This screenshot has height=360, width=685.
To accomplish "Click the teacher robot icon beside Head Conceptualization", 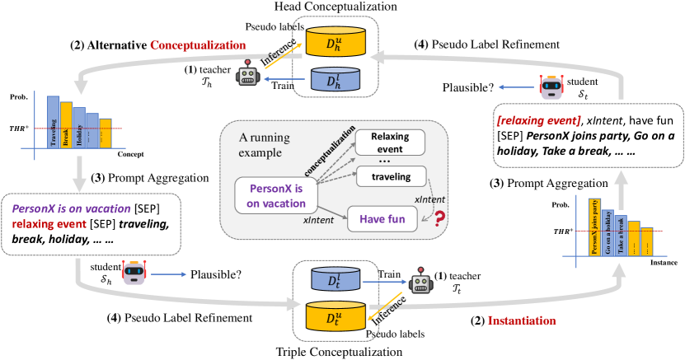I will (247, 78).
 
